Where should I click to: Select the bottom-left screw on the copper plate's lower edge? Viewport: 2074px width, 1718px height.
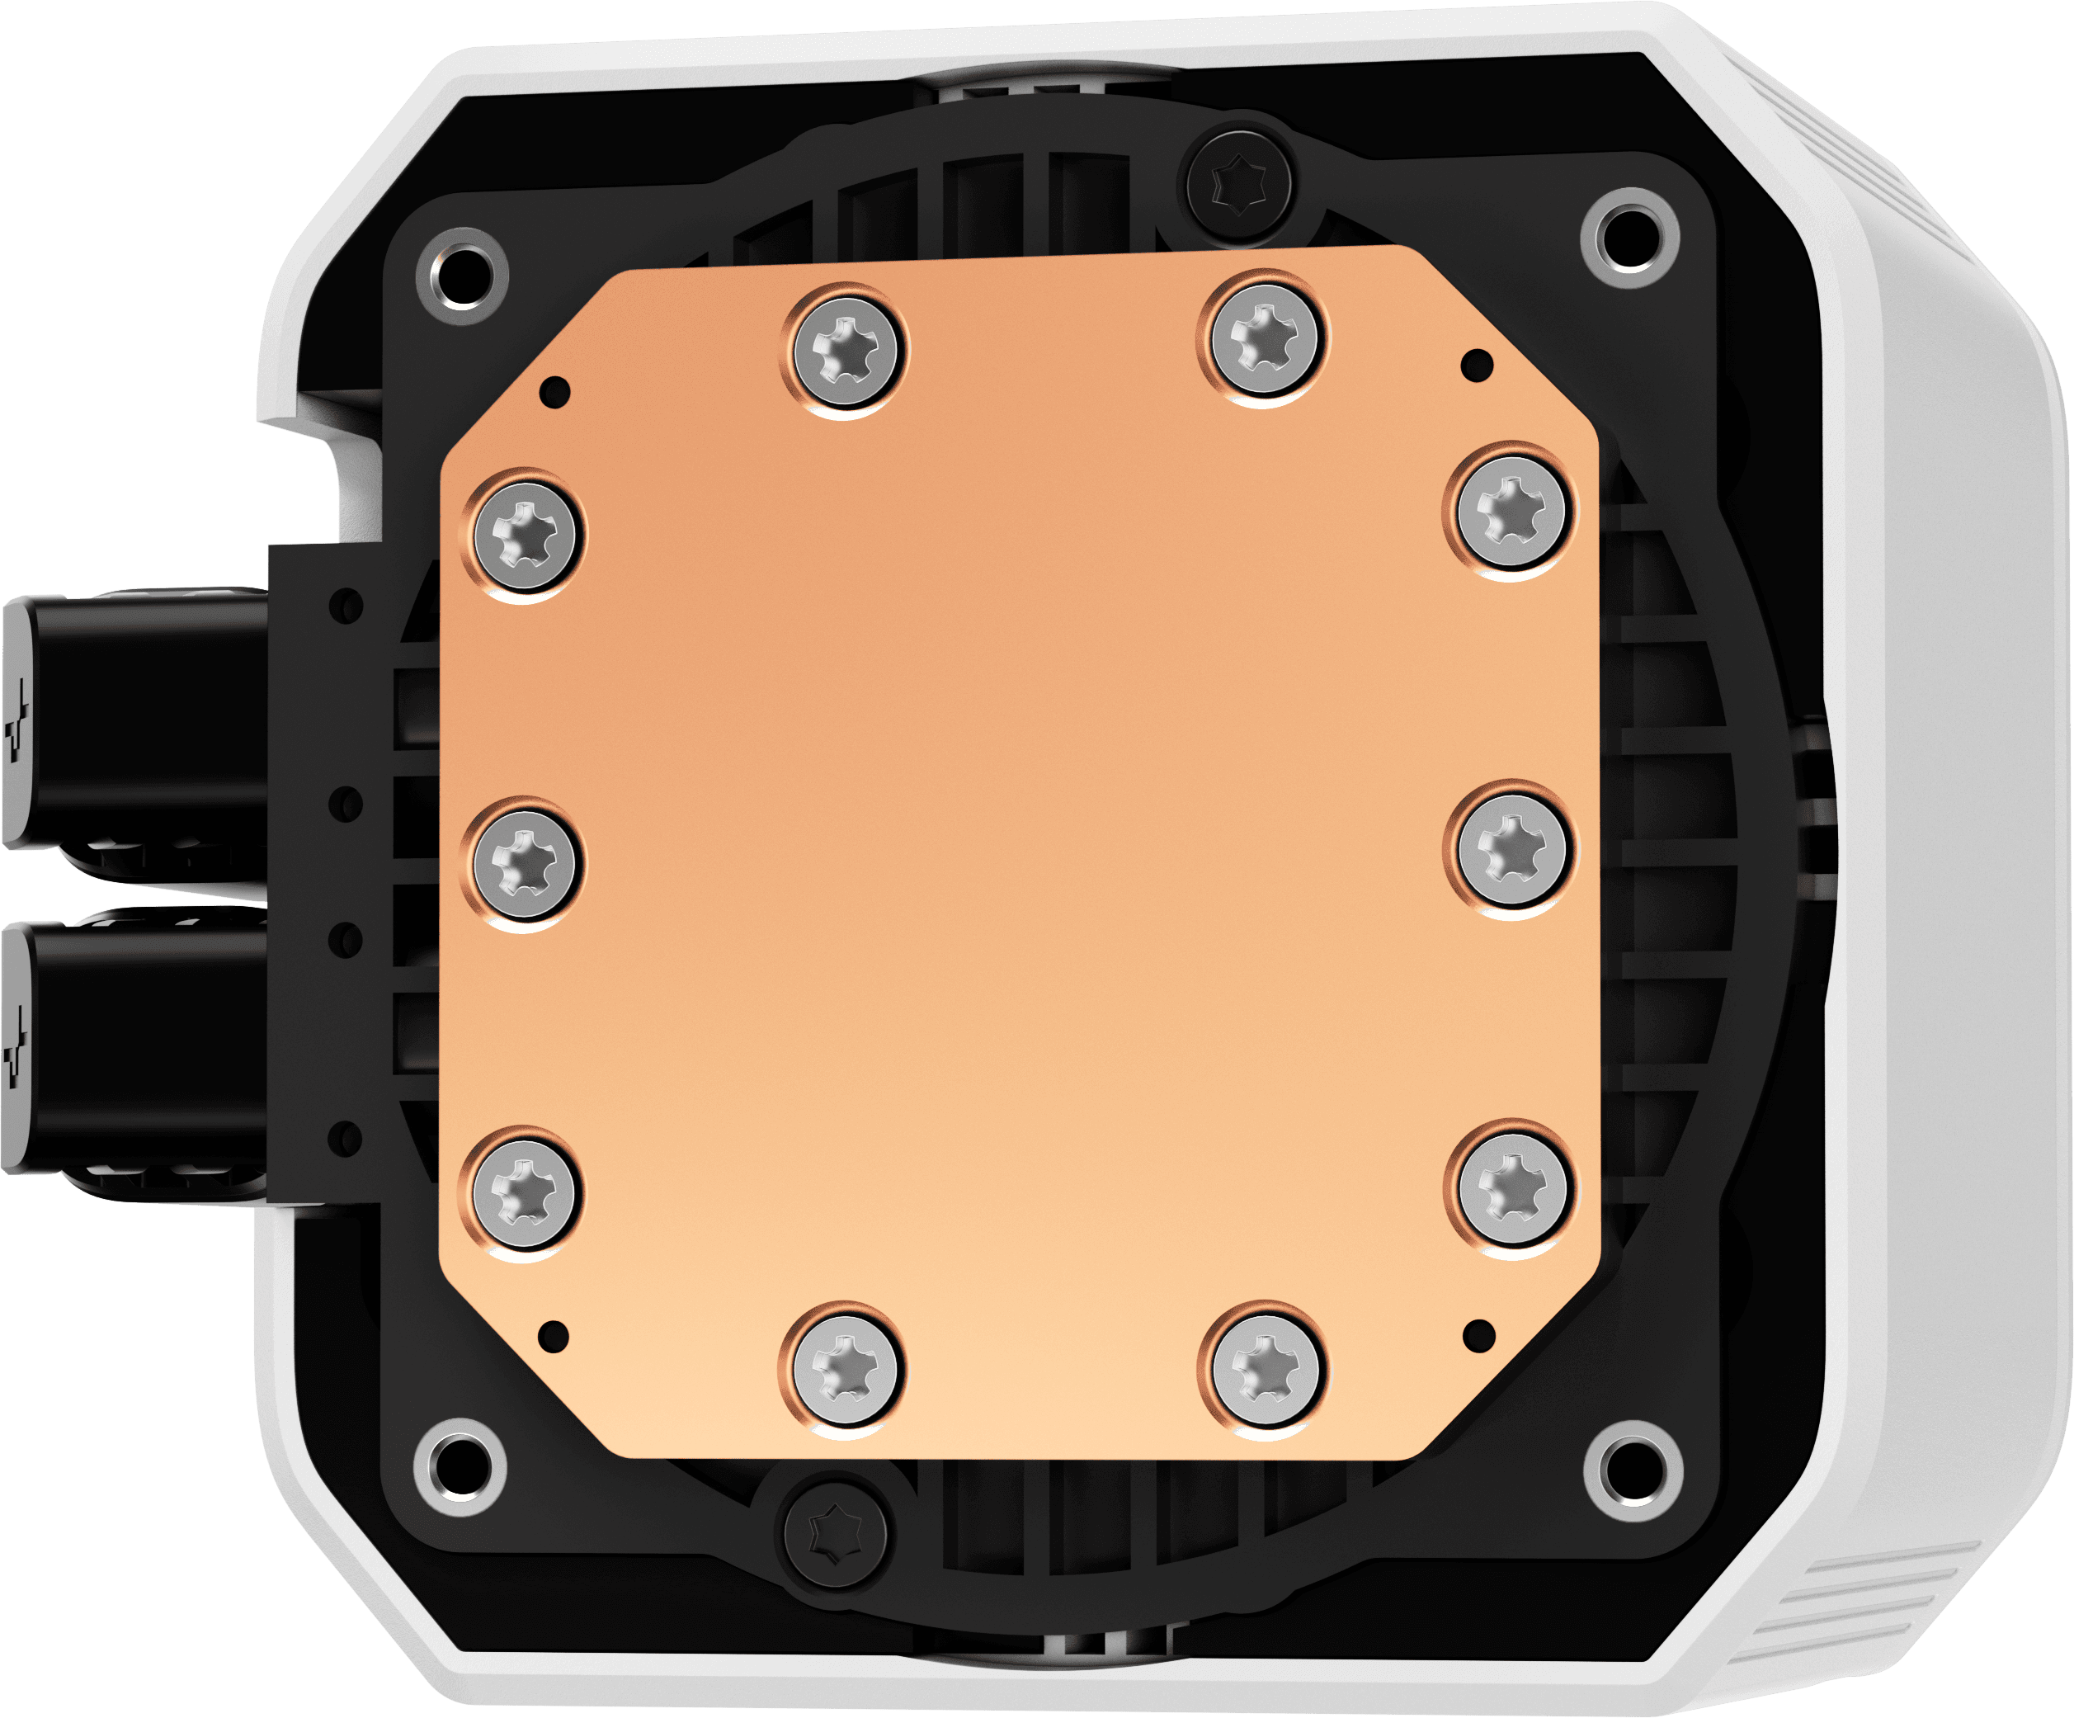[842, 1368]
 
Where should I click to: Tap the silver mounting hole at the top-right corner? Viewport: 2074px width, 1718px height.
[1629, 237]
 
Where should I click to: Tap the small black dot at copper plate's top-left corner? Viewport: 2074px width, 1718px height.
[556, 391]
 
